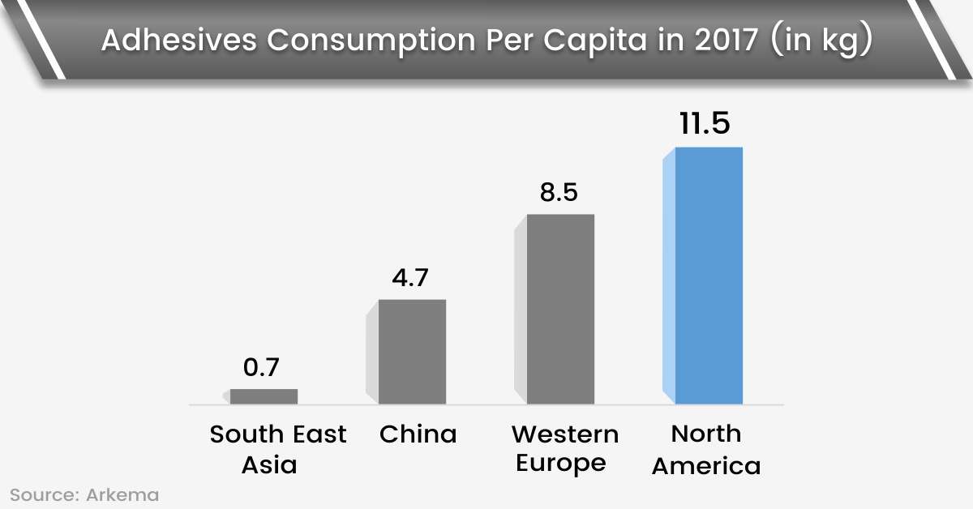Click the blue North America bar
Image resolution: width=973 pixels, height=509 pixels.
[709, 276]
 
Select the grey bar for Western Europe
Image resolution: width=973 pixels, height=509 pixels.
[560, 309]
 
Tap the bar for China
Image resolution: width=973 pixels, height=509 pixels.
[412, 352]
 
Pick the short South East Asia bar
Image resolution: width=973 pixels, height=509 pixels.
[264, 396]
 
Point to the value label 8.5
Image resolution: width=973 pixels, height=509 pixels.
[559, 192]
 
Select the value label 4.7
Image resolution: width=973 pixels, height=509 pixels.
[409, 277]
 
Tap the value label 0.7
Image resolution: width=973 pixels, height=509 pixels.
[261, 367]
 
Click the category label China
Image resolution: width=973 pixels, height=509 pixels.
[418, 434]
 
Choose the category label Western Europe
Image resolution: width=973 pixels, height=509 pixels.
[564, 448]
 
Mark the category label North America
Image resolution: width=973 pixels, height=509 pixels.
[706, 450]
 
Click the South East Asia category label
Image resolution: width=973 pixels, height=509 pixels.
[277, 450]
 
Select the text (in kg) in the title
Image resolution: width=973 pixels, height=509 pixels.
[821, 41]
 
